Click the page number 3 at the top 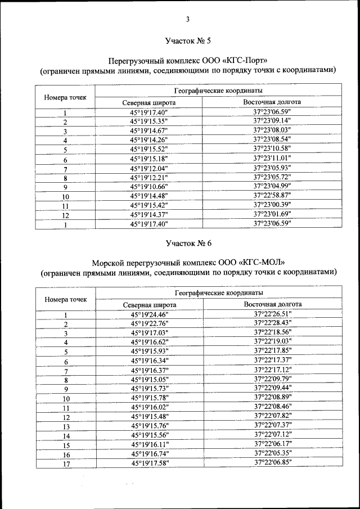188,20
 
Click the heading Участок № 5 188,40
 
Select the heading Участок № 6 188,243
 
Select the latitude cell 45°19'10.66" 149,186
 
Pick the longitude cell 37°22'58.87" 272,195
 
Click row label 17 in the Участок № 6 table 66,463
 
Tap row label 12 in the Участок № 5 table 65,215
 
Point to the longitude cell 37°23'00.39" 272,205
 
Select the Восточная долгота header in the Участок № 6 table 273,304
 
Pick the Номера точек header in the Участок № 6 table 66,299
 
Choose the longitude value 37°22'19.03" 273,341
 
